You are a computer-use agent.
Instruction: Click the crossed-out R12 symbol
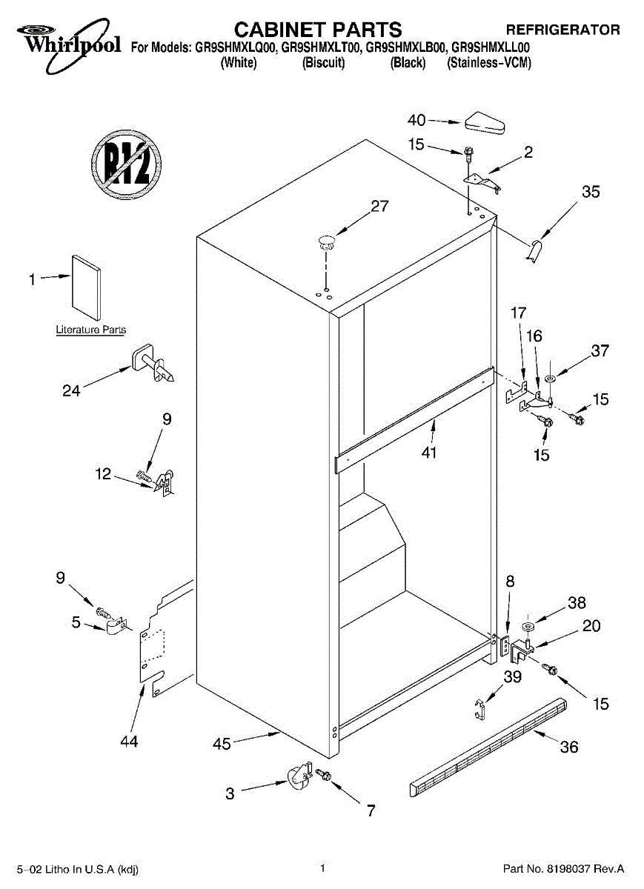(x=127, y=167)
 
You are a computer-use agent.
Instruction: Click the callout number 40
(x=417, y=120)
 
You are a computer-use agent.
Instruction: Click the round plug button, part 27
(x=326, y=239)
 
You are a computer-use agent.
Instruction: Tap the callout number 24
(x=71, y=390)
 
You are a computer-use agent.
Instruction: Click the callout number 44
(x=129, y=740)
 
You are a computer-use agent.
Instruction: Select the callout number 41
(x=429, y=453)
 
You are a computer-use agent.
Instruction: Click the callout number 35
(x=591, y=192)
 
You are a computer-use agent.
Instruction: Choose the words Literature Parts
(x=91, y=330)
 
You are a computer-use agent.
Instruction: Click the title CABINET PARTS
(x=318, y=30)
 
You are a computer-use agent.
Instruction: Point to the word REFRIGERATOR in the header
(x=562, y=30)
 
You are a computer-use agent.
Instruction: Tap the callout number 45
(x=222, y=743)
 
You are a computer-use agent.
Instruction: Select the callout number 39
(x=513, y=676)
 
